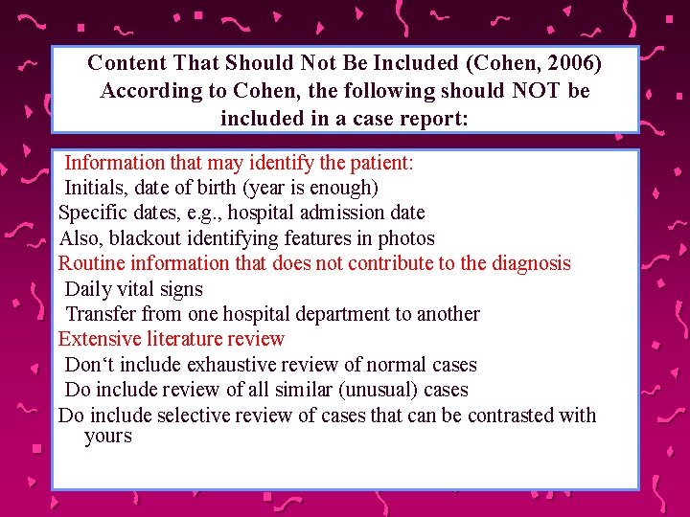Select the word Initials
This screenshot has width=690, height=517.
coord(95,188)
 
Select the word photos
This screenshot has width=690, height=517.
coord(406,238)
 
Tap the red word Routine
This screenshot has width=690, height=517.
coord(92,263)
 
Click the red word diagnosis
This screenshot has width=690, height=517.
coord(530,263)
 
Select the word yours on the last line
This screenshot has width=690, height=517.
coord(107,437)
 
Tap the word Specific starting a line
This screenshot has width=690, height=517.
coord(92,213)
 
